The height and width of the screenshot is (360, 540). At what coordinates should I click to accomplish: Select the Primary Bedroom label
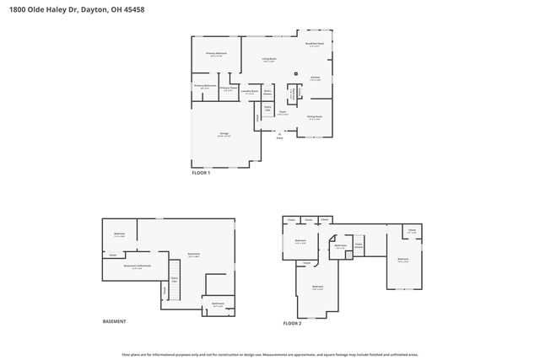pos(217,53)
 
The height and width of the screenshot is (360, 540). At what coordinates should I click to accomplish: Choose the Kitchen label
pos(315,78)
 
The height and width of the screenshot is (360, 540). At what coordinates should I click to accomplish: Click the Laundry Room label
pos(250,93)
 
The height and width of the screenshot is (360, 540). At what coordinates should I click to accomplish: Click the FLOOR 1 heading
pos(201,173)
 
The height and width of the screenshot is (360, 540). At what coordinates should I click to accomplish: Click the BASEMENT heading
pos(114,321)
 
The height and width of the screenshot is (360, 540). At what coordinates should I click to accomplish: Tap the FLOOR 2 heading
pos(292,322)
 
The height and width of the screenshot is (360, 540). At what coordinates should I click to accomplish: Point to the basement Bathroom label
pos(217,304)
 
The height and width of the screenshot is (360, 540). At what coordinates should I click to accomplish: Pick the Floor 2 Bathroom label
pos(340,246)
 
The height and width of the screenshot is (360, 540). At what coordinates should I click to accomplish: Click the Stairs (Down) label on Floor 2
pos(358,245)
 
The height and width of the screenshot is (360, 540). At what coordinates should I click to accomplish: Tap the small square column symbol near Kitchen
pos(296,73)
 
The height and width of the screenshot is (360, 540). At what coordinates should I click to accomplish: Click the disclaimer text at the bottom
pos(269,354)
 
